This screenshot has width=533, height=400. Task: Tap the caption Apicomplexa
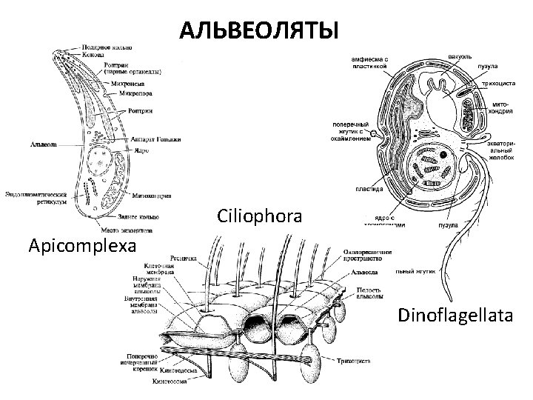pos(83,244)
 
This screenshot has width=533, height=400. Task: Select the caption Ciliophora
pos(260,216)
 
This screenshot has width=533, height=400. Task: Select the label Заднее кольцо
pos(138,217)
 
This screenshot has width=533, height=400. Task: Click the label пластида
pos(368,188)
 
